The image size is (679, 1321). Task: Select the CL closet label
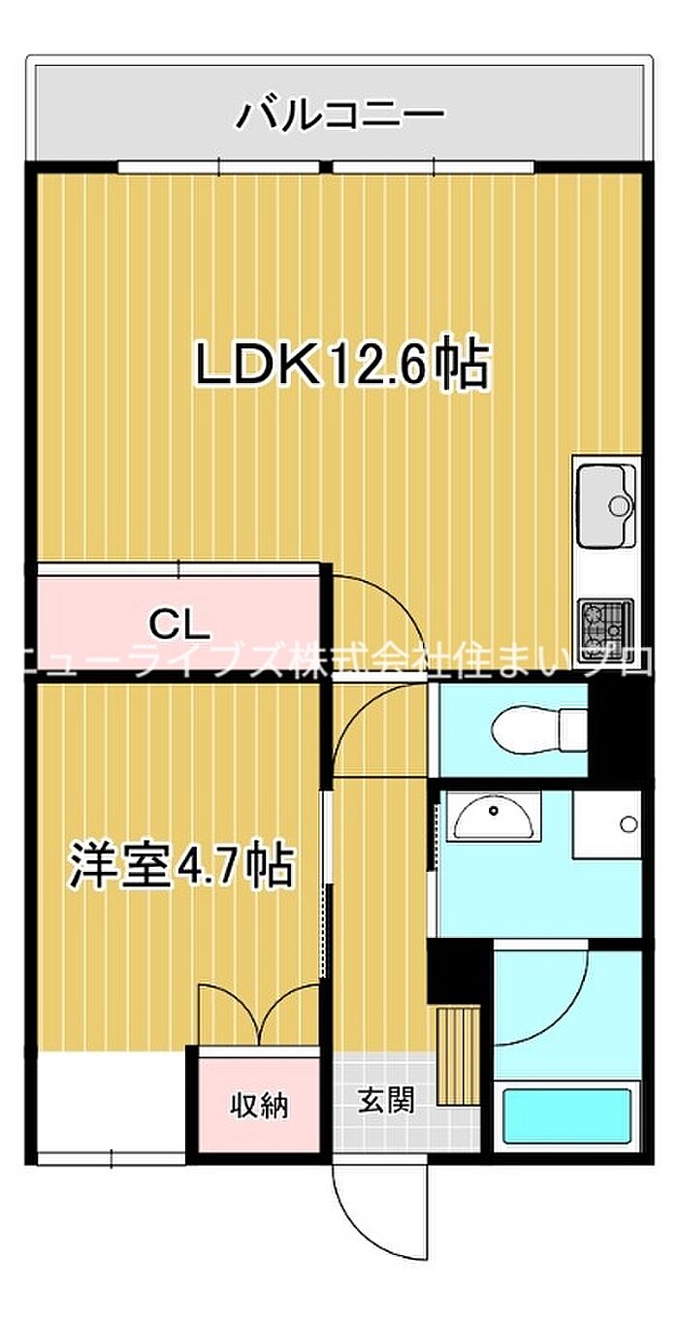click(x=178, y=626)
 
